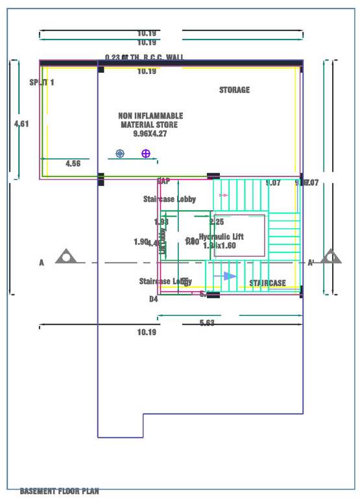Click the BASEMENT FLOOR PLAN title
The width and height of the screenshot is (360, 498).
coord(59,492)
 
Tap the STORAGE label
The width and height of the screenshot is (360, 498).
coord(234,90)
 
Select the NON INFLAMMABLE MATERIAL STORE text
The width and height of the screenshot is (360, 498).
coord(150,120)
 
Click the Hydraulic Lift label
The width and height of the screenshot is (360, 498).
coord(221,237)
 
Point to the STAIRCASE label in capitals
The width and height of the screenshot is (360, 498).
coord(267,283)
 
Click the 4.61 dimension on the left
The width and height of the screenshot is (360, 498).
coord(21,123)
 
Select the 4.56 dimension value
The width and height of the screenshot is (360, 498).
coord(73,164)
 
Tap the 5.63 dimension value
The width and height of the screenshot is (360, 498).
coord(207,323)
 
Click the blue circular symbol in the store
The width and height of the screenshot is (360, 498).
coord(119,154)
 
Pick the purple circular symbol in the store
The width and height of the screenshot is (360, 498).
coord(146,154)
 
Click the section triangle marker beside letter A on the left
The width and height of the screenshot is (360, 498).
coord(66,257)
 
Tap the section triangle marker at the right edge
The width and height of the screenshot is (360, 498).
coord(331,257)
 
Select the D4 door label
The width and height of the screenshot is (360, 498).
coord(154,300)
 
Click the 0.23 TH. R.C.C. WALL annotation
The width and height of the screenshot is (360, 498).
coord(144,58)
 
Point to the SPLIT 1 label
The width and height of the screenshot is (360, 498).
coord(42,82)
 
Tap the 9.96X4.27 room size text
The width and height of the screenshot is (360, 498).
coord(150,134)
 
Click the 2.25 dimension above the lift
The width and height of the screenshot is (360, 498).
coord(217,222)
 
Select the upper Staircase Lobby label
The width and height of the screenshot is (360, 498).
coord(169,199)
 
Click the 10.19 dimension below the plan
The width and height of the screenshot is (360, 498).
coord(147,333)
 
